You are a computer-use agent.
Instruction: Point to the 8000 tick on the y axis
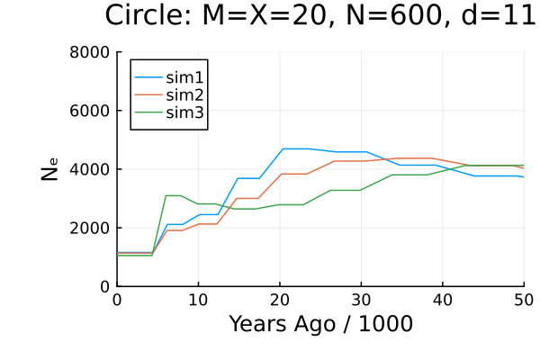tap(90, 52)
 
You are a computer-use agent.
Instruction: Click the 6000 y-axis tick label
tap(90, 111)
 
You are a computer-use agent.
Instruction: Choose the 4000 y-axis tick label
tap(90, 169)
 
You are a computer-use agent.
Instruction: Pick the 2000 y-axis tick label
tap(90, 228)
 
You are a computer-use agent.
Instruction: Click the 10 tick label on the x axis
tap(198, 300)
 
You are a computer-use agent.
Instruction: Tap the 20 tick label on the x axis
tap(279, 300)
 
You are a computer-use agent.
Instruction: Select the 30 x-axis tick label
tap(361, 300)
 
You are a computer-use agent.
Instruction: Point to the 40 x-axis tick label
tap(442, 300)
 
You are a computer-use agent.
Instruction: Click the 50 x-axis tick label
tap(523, 300)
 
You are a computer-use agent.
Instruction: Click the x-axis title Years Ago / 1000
tap(320, 324)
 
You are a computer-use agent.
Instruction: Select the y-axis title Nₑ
tap(51, 169)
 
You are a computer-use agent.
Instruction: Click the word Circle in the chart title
tap(148, 16)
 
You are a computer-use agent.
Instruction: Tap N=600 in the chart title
tap(385, 16)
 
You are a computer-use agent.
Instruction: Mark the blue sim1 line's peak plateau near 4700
tap(295, 148)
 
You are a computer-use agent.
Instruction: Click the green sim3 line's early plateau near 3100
tap(174, 195)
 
